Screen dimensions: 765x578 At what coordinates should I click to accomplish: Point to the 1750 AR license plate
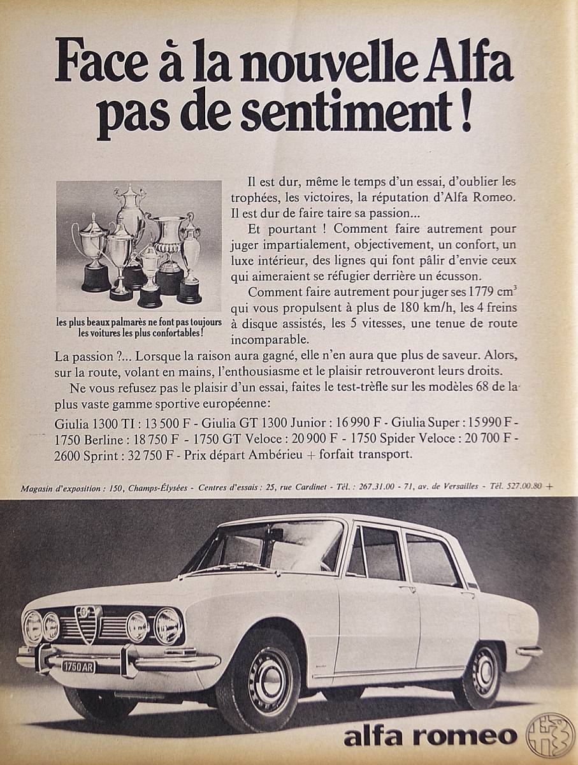[x=79, y=664]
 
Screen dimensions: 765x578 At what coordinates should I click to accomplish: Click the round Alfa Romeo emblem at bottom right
[x=550, y=735]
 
